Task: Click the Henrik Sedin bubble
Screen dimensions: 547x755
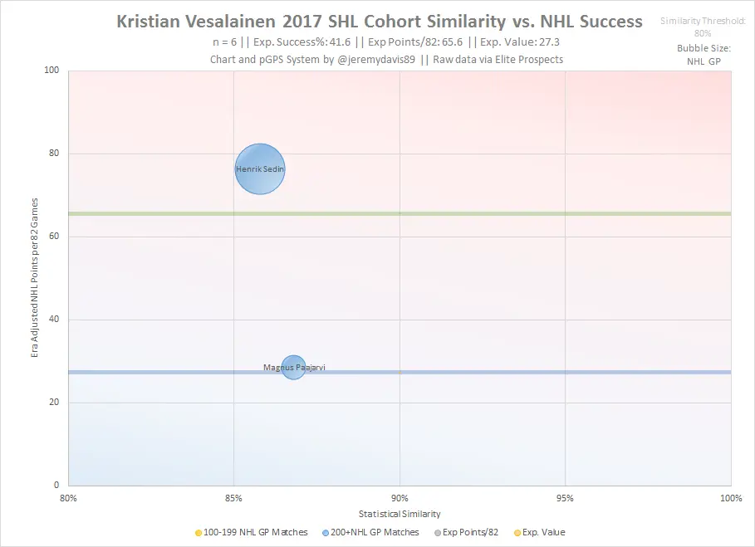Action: tap(260, 169)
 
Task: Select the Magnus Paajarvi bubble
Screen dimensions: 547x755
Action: tap(293, 366)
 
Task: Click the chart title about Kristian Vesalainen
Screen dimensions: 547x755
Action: tap(380, 21)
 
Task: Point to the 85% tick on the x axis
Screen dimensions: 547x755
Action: tap(233, 498)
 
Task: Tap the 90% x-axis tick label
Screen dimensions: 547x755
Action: tap(400, 498)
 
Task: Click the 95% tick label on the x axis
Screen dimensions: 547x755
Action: tap(565, 498)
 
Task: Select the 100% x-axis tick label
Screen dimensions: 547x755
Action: tap(730, 498)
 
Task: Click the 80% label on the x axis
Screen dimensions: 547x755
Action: tap(69, 498)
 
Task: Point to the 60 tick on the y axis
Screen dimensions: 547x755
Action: tap(56, 237)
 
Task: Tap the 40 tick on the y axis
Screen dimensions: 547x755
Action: tap(56, 320)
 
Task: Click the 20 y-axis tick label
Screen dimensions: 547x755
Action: tap(56, 403)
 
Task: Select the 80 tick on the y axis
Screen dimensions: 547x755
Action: tap(56, 154)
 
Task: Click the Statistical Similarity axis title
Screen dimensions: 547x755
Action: tap(400, 515)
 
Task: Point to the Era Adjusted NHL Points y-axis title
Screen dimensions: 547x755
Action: tap(35, 277)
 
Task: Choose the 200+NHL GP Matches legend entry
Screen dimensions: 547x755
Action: tap(370, 532)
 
